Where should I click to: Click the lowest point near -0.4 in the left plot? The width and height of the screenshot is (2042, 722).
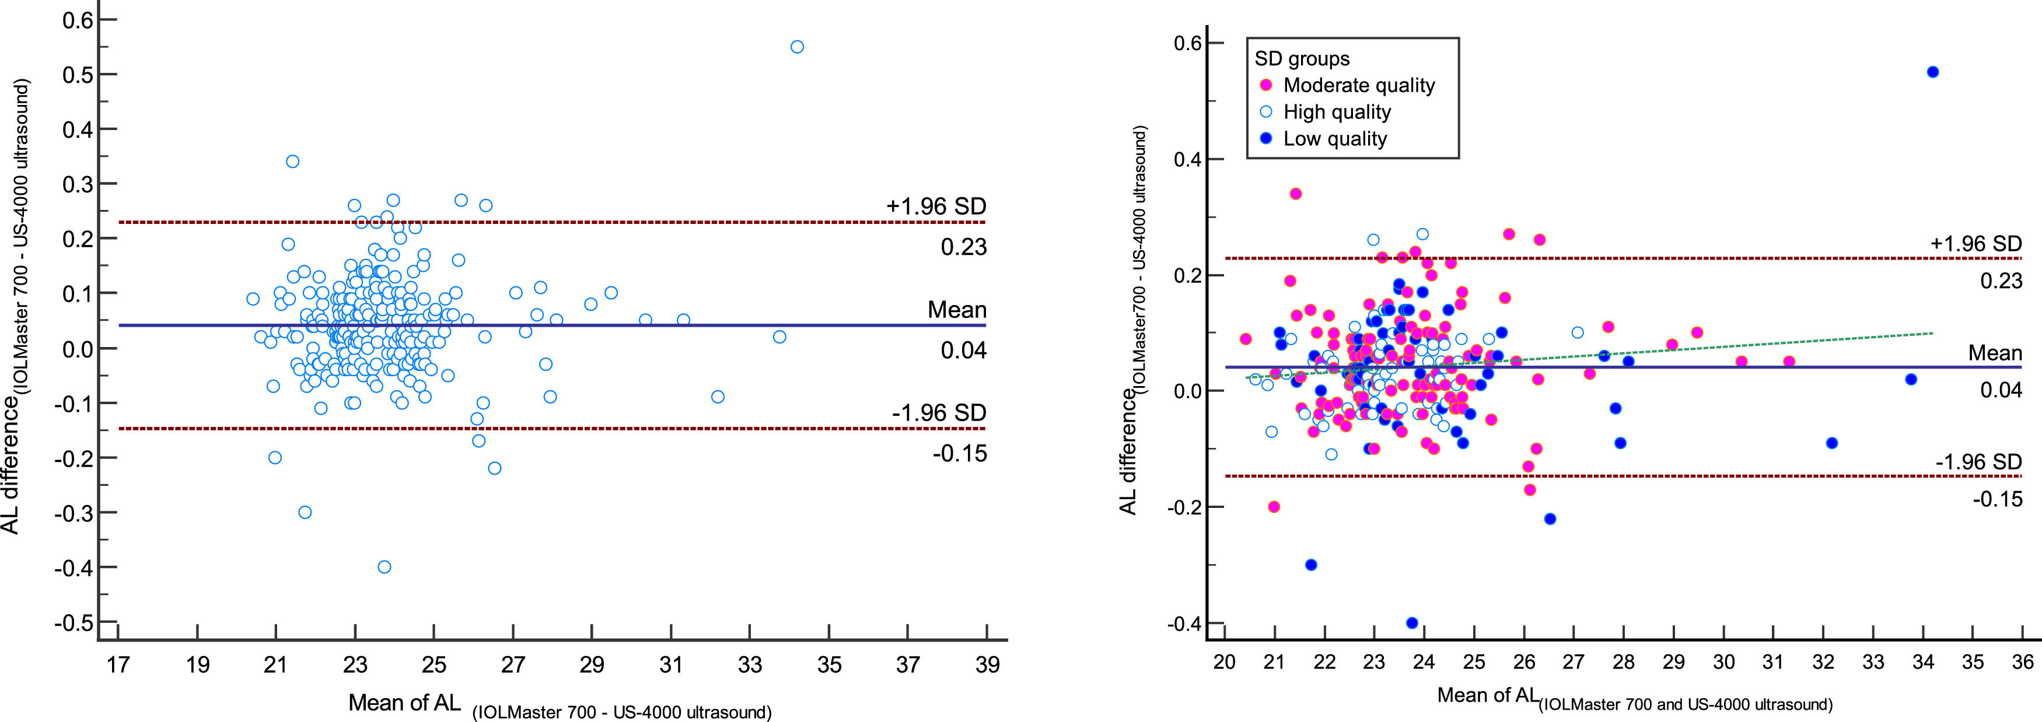pyautogui.click(x=384, y=567)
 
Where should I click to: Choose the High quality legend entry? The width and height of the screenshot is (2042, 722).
pyautogui.click(x=1337, y=112)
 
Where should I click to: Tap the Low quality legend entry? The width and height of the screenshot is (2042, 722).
pyautogui.click(x=1335, y=139)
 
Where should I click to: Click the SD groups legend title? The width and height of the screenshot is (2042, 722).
pyautogui.click(x=1302, y=59)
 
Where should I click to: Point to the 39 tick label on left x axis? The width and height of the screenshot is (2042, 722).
pyautogui.click(x=987, y=664)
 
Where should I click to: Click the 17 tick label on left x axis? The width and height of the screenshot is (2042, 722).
pyautogui.click(x=118, y=664)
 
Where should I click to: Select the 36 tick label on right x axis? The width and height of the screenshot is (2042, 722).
pyautogui.click(x=2022, y=661)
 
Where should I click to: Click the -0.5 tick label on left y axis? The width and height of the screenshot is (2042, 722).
pyautogui.click(x=73, y=623)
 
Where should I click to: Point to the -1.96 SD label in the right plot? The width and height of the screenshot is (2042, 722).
pyautogui.click(x=1978, y=461)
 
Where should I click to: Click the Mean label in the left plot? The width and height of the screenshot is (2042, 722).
pyautogui.click(x=957, y=310)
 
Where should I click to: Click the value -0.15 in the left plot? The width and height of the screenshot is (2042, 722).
pyautogui.click(x=959, y=453)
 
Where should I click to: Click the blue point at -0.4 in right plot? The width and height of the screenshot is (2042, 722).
pyautogui.click(x=1412, y=623)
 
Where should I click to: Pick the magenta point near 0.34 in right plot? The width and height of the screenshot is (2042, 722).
pyautogui.click(x=1296, y=194)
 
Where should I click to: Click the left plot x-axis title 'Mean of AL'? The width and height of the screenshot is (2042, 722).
pyautogui.click(x=404, y=702)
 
